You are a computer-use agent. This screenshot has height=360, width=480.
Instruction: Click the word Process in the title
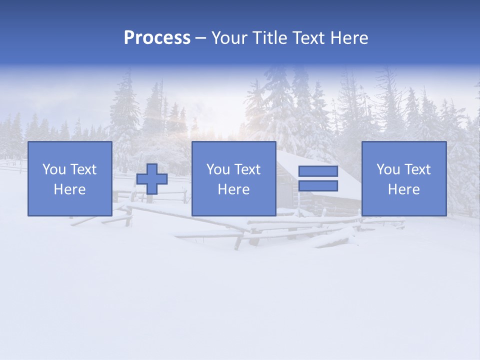coord(157,38)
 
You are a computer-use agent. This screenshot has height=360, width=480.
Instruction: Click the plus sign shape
coord(152,179)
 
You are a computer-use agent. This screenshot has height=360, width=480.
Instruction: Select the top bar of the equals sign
coord(318,171)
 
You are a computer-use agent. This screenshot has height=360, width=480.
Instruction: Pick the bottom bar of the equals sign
coord(318,186)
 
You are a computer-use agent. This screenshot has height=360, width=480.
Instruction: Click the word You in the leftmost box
coord(54,169)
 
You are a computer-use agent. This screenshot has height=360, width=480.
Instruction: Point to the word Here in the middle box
coord(233,189)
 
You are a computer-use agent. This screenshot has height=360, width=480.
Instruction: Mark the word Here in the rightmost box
coord(403,189)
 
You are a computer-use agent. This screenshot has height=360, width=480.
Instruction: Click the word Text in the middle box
coord(247,169)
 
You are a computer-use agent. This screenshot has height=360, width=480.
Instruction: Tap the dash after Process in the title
coord(201,38)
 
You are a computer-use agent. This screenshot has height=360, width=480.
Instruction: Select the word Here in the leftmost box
coord(69,189)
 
